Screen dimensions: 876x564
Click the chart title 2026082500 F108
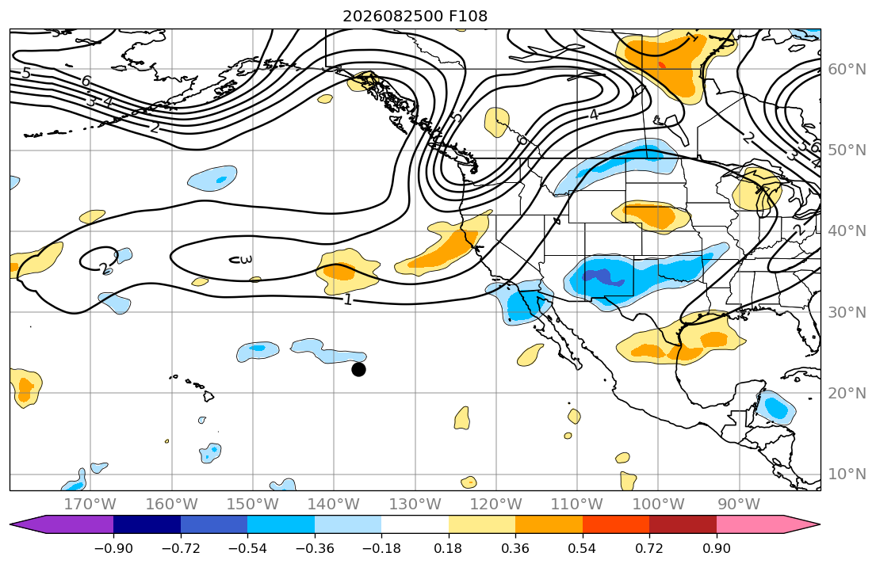point(415,16)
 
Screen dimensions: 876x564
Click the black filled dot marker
point(358,369)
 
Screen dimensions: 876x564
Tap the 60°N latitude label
point(847,69)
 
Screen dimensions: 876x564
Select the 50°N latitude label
point(847,151)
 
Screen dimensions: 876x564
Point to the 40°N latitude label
point(847,231)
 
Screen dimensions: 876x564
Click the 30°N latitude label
point(847,312)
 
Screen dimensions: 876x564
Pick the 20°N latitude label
point(847,393)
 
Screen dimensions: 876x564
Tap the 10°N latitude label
point(847,474)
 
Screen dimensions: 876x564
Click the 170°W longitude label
point(90,505)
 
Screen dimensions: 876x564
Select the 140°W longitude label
point(334,505)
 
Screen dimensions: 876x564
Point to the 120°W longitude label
point(496,505)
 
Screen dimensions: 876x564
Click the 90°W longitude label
point(739,505)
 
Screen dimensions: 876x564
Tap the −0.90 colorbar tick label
point(113,548)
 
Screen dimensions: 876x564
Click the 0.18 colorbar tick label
point(448,548)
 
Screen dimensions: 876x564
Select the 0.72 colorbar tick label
point(649,548)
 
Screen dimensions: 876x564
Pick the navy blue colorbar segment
point(147,524)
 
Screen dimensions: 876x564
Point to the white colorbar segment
point(415,524)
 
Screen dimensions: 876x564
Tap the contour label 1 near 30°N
point(347,300)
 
